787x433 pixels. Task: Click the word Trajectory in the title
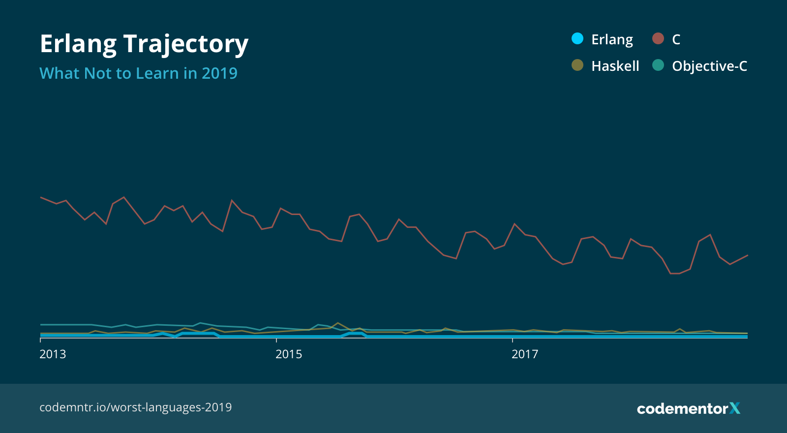186,44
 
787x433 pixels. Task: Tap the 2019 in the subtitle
219,73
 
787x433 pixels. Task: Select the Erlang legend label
612,39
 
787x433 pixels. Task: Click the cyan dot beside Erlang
577,38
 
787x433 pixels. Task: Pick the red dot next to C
658,38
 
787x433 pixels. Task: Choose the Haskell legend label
615,66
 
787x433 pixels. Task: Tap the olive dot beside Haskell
577,65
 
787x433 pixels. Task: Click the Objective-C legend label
709,66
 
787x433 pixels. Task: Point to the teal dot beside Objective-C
658,65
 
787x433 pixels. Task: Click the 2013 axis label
53,354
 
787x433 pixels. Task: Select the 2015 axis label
289,354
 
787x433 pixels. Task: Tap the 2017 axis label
525,354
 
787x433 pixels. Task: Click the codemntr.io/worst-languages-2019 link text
135,407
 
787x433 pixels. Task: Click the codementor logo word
682,409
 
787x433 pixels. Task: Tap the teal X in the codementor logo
735,408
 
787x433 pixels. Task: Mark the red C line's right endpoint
747,255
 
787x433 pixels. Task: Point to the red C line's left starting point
41,197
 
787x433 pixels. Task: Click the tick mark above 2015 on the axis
276,340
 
